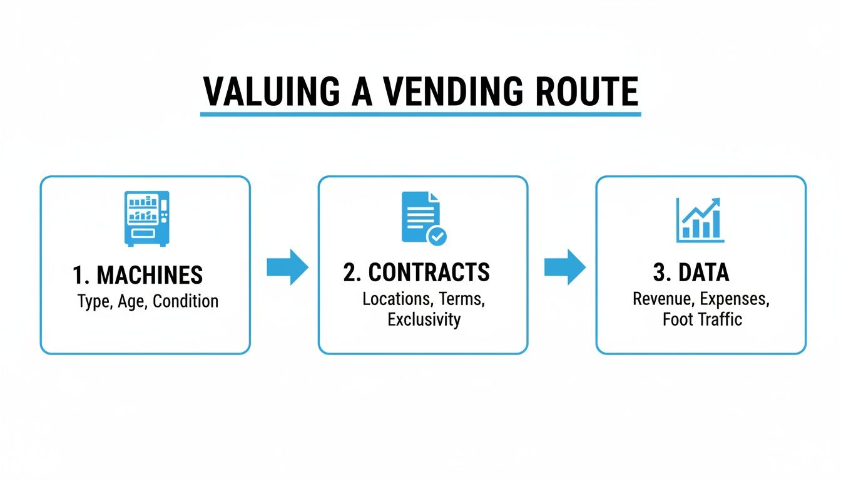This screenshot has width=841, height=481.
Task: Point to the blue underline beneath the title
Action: click(x=421, y=115)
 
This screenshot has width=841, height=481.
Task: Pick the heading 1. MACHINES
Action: click(x=138, y=275)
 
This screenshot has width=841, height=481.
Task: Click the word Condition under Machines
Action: click(x=186, y=301)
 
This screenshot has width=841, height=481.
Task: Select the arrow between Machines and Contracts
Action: click(x=287, y=267)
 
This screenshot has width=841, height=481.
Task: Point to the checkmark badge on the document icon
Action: click(x=436, y=236)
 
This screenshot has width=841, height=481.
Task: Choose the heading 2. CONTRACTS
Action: click(x=417, y=272)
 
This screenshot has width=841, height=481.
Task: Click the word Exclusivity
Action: click(x=424, y=319)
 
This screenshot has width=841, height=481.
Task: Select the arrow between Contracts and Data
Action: click(x=564, y=267)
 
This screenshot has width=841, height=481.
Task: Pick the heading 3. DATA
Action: click(x=691, y=272)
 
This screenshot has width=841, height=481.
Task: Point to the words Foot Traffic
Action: click(x=702, y=319)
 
